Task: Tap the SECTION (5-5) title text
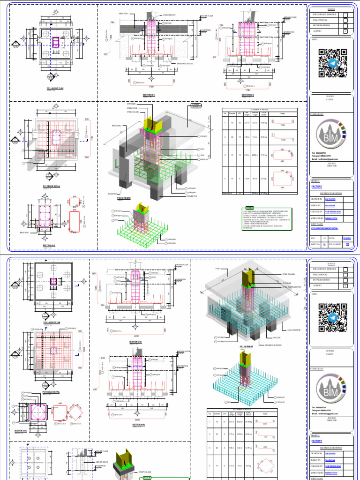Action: coord(248,95)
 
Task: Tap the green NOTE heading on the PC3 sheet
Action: coord(249,208)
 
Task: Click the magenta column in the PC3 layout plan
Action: coord(55,44)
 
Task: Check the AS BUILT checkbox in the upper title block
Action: coord(345,32)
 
